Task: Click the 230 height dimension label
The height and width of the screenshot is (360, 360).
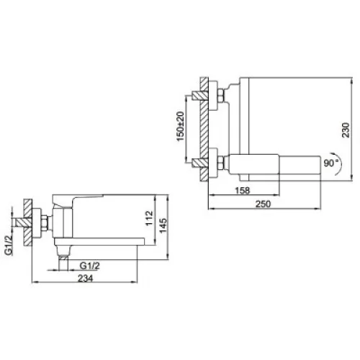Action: coord(346,130)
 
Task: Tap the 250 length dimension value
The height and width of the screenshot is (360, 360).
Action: coord(263,204)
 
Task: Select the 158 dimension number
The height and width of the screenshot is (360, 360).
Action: coord(243,191)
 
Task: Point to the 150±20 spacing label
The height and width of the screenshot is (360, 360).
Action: coord(180,126)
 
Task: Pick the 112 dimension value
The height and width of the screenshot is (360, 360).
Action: coord(149,218)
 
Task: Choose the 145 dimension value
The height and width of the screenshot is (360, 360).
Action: coord(163,225)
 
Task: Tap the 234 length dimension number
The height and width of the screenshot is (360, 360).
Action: coord(85,279)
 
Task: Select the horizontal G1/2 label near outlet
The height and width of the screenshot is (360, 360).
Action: coord(89,266)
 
